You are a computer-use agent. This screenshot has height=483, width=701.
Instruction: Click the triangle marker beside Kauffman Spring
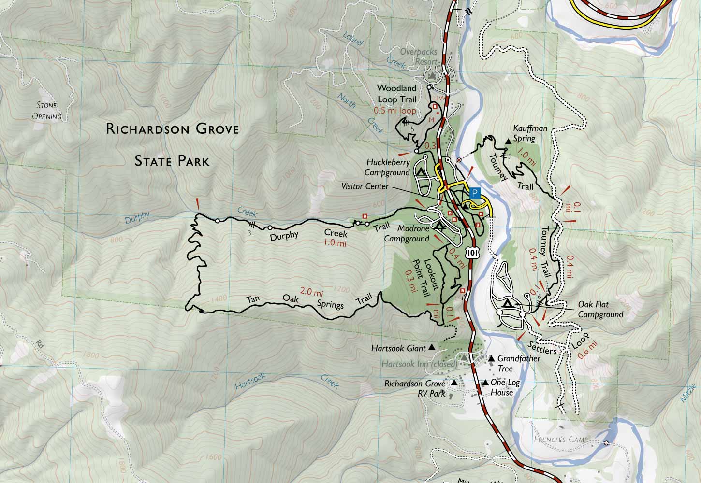coord(508,142)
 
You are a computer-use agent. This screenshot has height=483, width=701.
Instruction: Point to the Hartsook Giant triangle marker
coord(432,347)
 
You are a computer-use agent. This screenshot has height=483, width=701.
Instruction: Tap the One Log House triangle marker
coord(485,383)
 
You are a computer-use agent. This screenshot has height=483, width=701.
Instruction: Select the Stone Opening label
coord(47,111)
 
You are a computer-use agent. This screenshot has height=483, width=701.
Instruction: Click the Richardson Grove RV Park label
coord(414,388)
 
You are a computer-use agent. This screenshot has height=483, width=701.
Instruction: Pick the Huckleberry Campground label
coord(385,168)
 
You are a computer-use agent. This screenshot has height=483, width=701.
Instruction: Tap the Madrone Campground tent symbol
coord(439,225)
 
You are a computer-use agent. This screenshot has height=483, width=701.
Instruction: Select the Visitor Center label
coord(365,185)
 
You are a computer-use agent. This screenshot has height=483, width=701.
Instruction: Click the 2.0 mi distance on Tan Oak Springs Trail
coord(311,292)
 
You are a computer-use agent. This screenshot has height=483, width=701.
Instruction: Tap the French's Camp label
coord(561,440)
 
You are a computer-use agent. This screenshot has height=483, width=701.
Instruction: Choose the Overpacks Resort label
coord(419,57)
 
